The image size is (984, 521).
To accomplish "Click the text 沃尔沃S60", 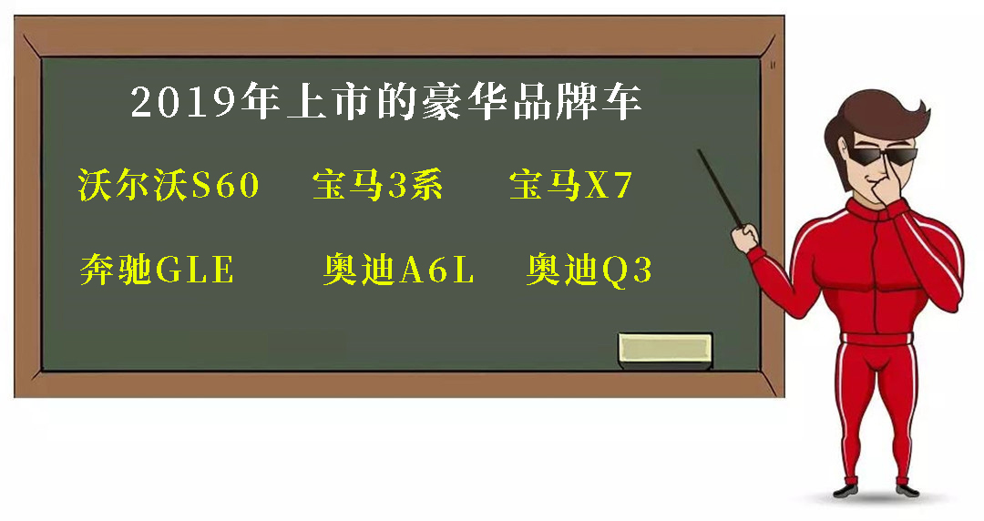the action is click(x=169, y=185).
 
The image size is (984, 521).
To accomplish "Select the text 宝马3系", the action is click(x=378, y=185).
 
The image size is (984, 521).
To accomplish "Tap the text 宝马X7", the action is click(x=571, y=185).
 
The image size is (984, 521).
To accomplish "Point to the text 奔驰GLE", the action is click(x=157, y=270).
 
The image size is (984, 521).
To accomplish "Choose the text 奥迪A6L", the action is click(x=398, y=270).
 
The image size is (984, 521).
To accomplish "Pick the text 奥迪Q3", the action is click(x=589, y=270).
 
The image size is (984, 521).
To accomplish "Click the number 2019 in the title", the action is click(x=187, y=101).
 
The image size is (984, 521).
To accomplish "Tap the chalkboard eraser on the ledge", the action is click(x=665, y=351).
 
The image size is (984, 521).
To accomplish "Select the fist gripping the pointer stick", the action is click(x=745, y=238).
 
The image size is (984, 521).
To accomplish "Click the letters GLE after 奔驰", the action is click(x=195, y=270).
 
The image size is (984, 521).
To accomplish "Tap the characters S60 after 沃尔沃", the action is click(x=225, y=185).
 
